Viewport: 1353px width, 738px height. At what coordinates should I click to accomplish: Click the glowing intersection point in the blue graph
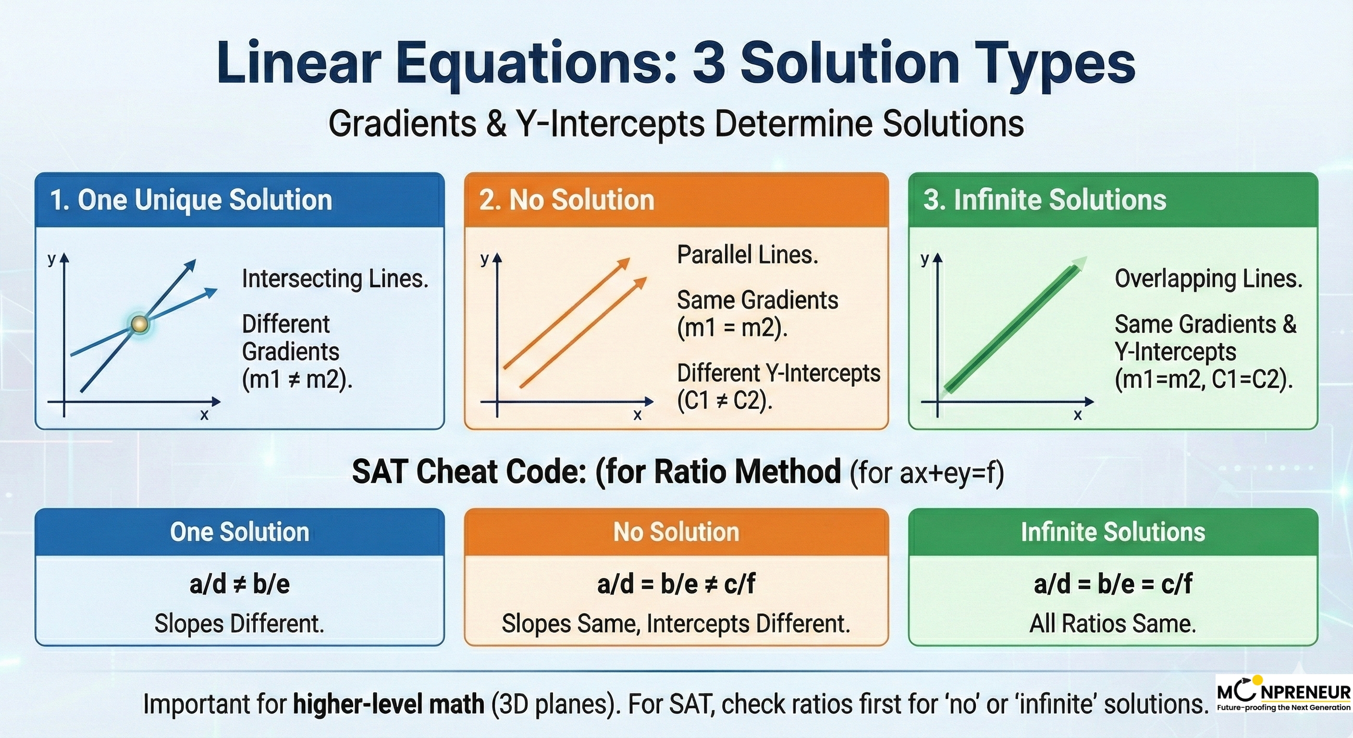(139, 324)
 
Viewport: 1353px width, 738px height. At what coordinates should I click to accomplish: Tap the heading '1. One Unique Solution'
(191, 200)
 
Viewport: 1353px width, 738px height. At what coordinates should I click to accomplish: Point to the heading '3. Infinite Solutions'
(1045, 200)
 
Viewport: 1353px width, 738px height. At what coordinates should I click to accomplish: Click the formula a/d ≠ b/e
(239, 584)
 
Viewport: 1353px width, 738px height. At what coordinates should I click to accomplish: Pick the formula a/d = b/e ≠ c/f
(676, 584)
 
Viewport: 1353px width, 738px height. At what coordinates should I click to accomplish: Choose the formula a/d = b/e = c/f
(1113, 584)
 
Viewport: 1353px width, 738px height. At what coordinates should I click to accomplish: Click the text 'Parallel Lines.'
(748, 255)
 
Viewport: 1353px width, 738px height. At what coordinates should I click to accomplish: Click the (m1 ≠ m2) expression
(297, 379)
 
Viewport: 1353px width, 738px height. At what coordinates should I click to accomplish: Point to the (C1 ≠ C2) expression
(725, 401)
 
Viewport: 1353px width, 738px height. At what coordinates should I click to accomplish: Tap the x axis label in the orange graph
(638, 415)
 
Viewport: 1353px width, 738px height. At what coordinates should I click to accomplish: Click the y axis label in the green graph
(925, 259)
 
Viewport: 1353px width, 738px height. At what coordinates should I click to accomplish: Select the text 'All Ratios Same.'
(1113, 624)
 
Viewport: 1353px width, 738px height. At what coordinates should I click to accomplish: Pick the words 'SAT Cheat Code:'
(469, 472)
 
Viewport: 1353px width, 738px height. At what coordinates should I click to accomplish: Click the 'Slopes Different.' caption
(239, 624)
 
